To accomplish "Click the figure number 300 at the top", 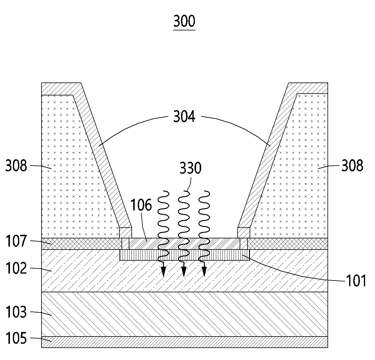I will (184, 21).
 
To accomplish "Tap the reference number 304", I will (184, 116).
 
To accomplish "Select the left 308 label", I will (16, 166).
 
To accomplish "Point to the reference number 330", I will (190, 168).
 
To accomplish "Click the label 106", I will (141, 205).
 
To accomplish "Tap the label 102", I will (16, 268).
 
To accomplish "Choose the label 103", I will (16, 312).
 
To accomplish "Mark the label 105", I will (16, 339).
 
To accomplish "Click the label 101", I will (356, 281).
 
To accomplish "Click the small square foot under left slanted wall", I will (125, 232).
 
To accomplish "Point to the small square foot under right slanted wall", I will (244, 232).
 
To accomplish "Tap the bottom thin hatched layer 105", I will (184, 342).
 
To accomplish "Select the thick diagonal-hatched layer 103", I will (184, 314).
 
